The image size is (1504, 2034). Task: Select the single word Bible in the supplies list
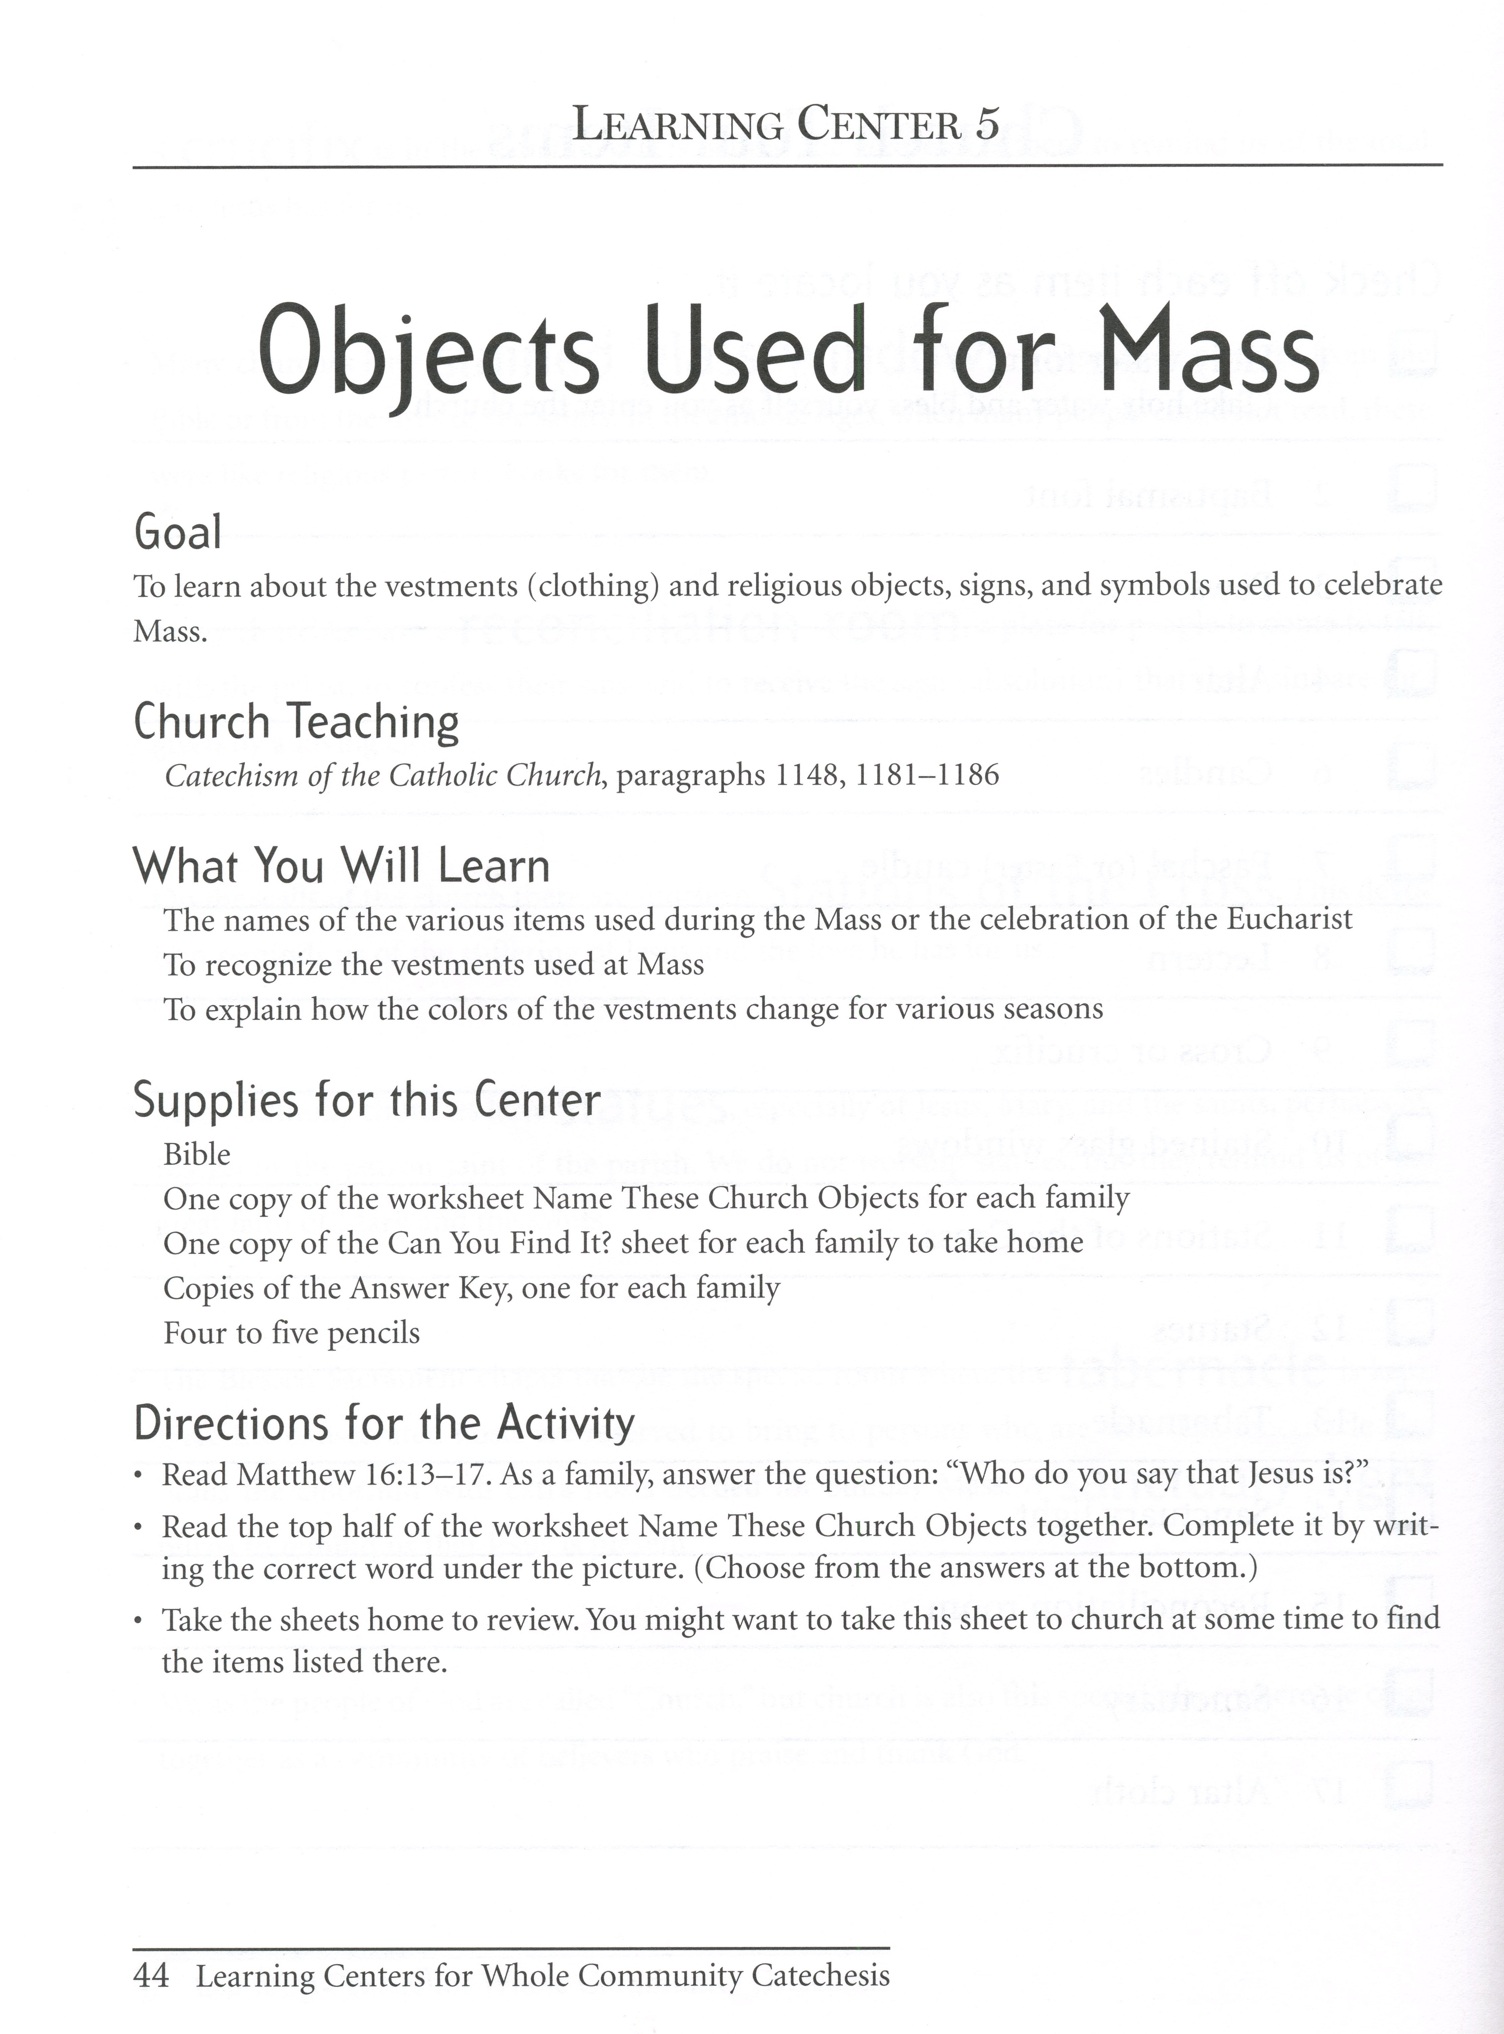[197, 1154]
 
